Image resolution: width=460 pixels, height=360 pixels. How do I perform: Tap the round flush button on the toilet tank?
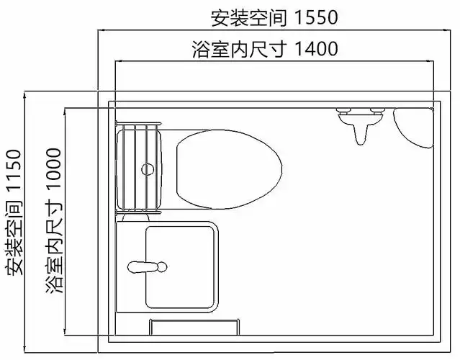point(148,170)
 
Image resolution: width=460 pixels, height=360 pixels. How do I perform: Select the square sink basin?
point(180,267)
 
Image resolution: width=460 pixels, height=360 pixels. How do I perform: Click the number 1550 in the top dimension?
point(312,16)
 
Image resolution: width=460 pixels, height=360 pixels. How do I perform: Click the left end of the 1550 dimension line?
point(99,30)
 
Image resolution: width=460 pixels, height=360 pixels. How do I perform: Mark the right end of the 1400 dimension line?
point(433,63)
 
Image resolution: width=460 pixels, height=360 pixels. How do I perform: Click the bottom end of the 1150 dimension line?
point(26,353)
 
